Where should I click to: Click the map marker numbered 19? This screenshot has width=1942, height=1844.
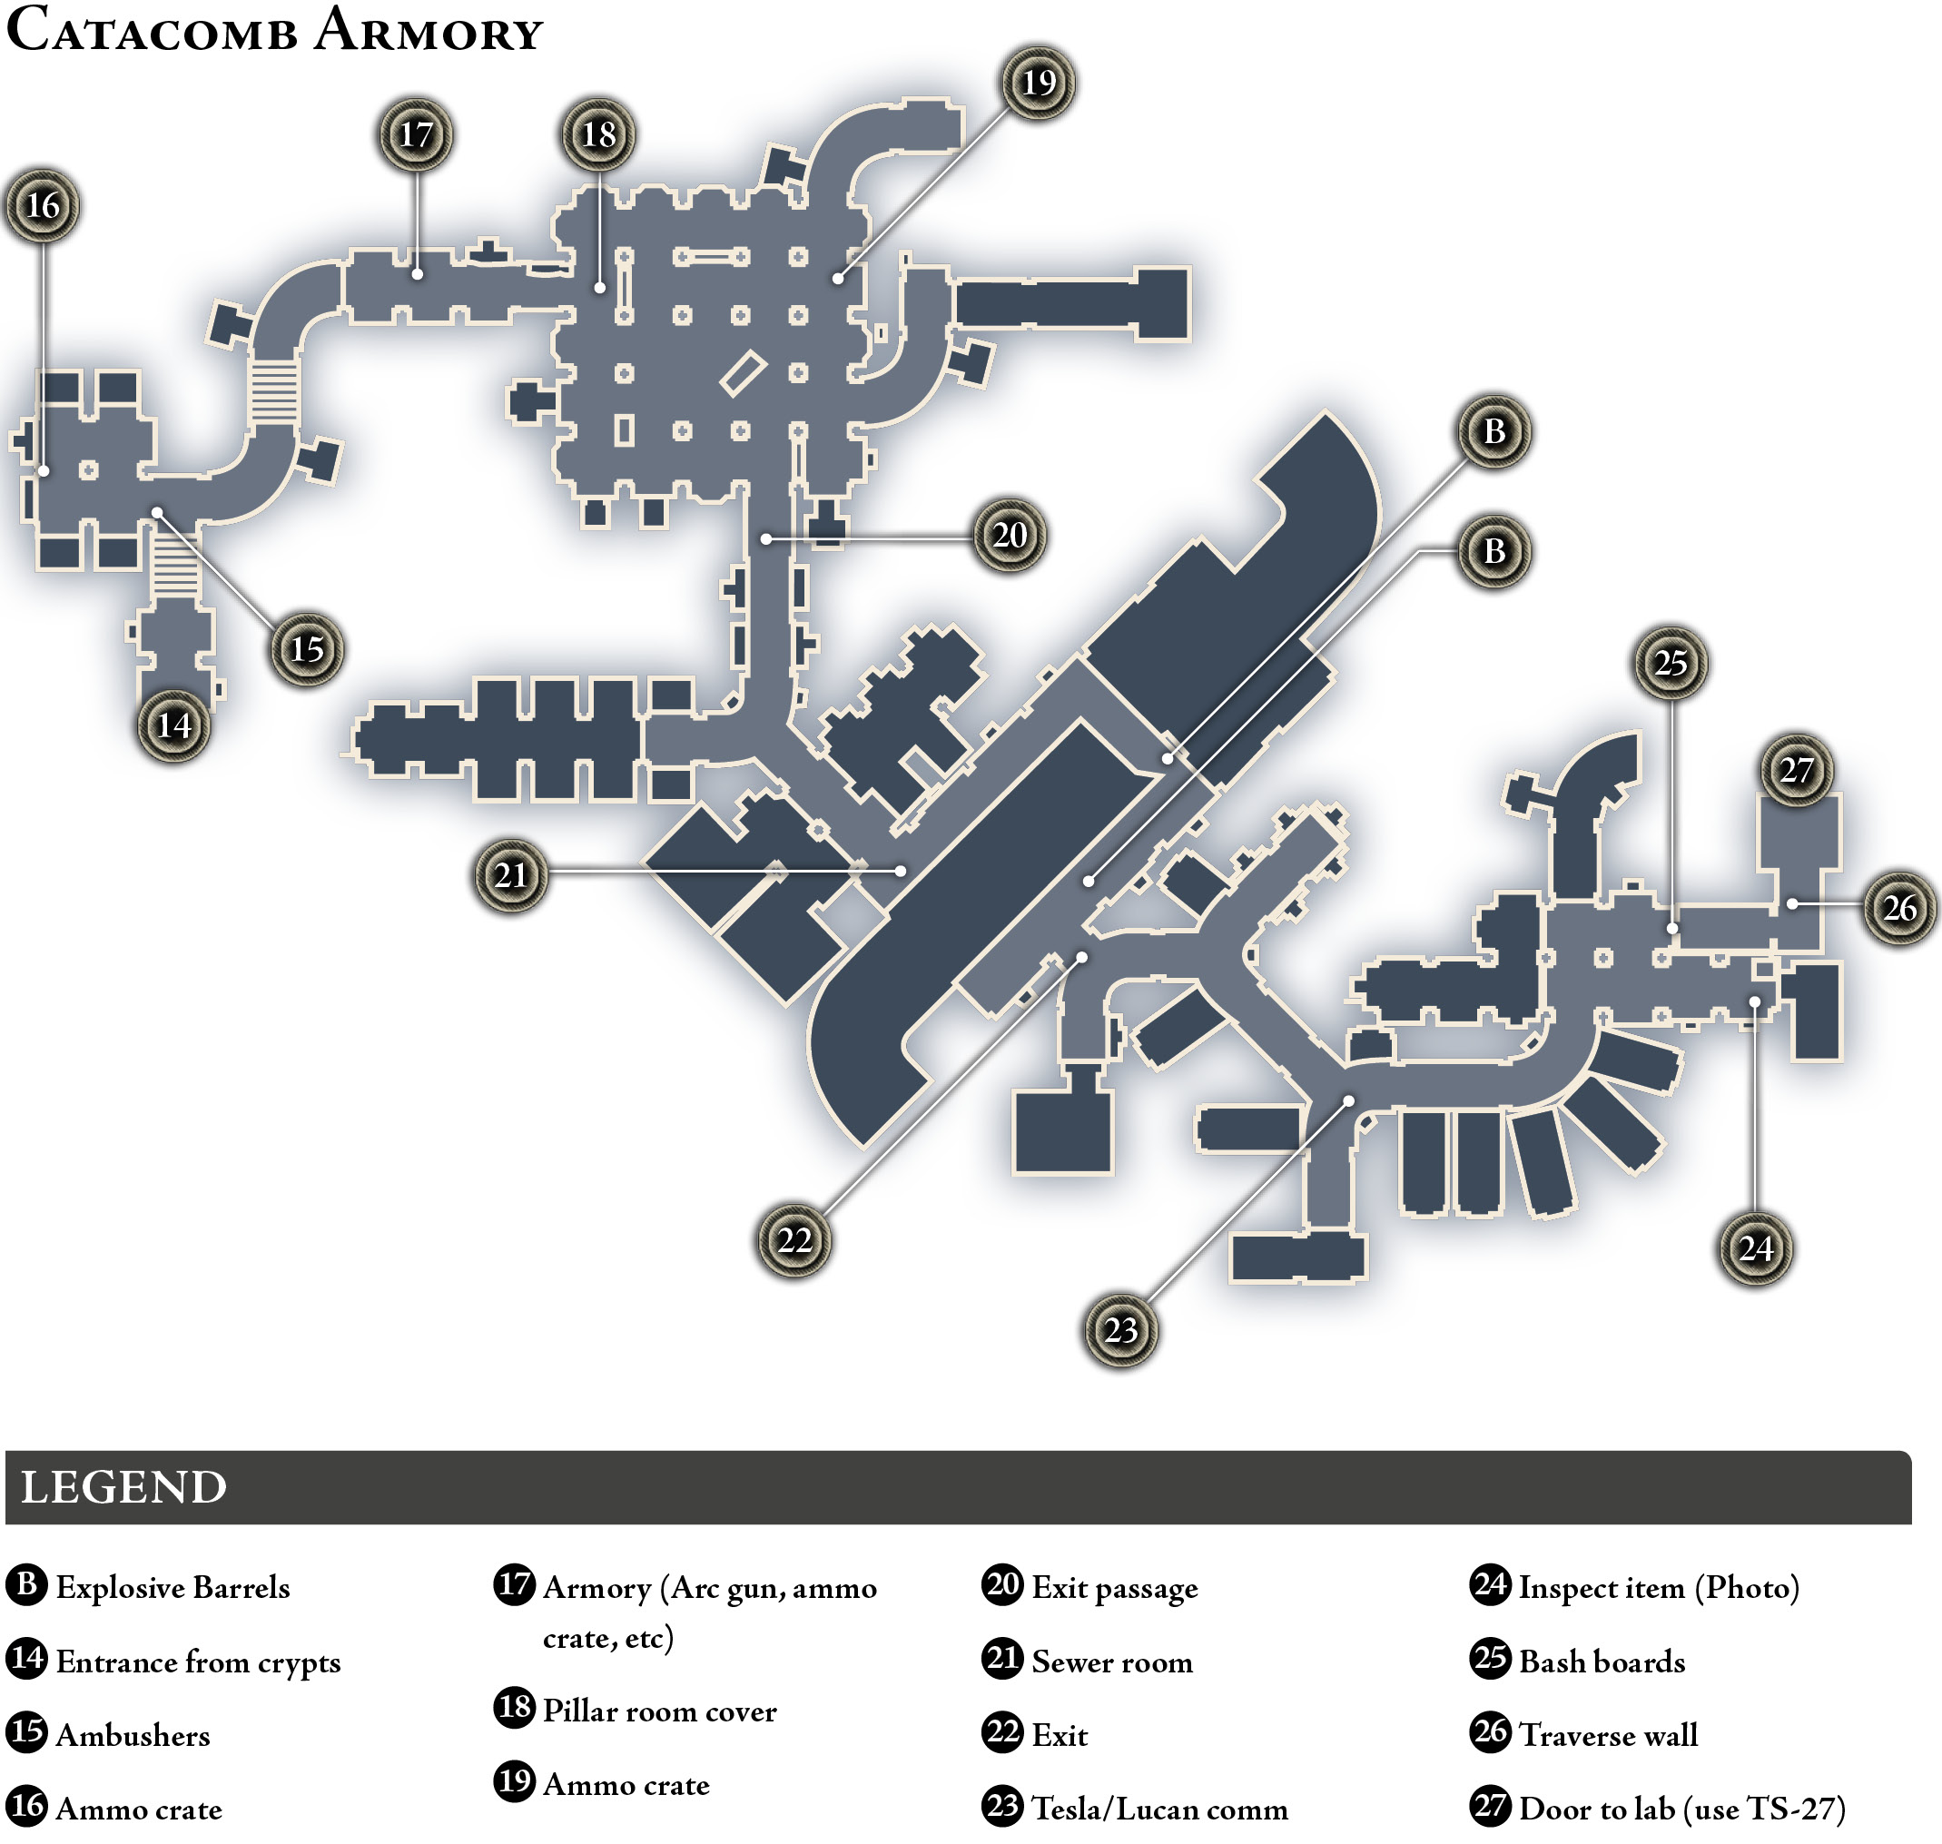pyautogui.click(x=1039, y=83)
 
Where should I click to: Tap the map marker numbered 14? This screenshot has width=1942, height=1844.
pyautogui.click(x=174, y=725)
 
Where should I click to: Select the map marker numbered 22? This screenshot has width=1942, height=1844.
pyautogui.click(x=794, y=1240)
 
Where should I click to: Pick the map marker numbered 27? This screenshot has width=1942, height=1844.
pyautogui.click(x=1797, y=770)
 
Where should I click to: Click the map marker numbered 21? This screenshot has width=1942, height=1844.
pyautogui.click(x=511, y=875)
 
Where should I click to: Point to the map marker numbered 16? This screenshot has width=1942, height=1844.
pyautogui.click(x=43, y=205)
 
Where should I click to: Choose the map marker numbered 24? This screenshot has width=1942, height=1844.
pyautogui.click(x=1756, y=1247)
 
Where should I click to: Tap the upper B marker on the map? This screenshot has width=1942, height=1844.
pyautogui.click(x=1493, y=431)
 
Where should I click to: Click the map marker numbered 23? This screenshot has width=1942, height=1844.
pyautogui.click(x=1120, y=1330)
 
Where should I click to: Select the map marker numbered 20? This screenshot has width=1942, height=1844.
pyautogui.click(x=1010, y=536)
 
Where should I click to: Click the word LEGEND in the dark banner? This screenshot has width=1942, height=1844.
pyautogui.click(x=123, y=1487)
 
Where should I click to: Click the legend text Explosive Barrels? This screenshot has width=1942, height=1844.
pyautogui.click(x=173, y=1587)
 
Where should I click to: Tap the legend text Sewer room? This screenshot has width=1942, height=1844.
pyautogui.click(x=1112, y=1662)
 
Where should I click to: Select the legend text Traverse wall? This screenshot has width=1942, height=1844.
pyautogui.click(x=1609, y=1736)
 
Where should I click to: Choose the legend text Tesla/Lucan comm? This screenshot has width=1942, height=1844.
pyautogui.click(x=1159, y=1809)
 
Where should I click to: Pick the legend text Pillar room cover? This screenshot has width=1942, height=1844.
pyautogui.click(x=659, y=1711)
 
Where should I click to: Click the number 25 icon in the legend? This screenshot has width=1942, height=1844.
pyautogui.click(x=1490, y=1657)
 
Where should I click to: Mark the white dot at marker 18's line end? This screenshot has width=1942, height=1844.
pyautogui.click(x=599, y=288)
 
